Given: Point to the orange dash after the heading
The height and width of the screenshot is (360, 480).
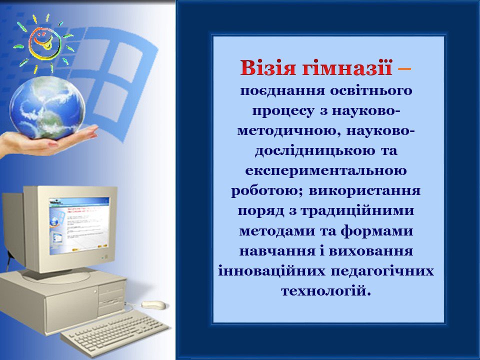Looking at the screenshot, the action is (x=404, y=69).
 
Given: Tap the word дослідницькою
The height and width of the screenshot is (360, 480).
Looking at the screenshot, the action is (x=315, y=151).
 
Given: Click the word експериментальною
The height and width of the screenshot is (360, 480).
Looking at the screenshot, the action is (x=325, y=171).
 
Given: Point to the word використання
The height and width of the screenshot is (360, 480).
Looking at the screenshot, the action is (x=364, y=191).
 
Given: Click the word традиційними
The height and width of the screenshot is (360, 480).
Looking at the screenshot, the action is (x=356, y=211).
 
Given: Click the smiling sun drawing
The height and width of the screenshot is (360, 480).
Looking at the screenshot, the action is (x=44, y=43).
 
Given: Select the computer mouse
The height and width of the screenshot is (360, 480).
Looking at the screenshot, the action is (x=153, y=304).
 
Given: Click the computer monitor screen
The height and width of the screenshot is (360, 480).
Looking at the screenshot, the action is (x=79, y=226).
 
